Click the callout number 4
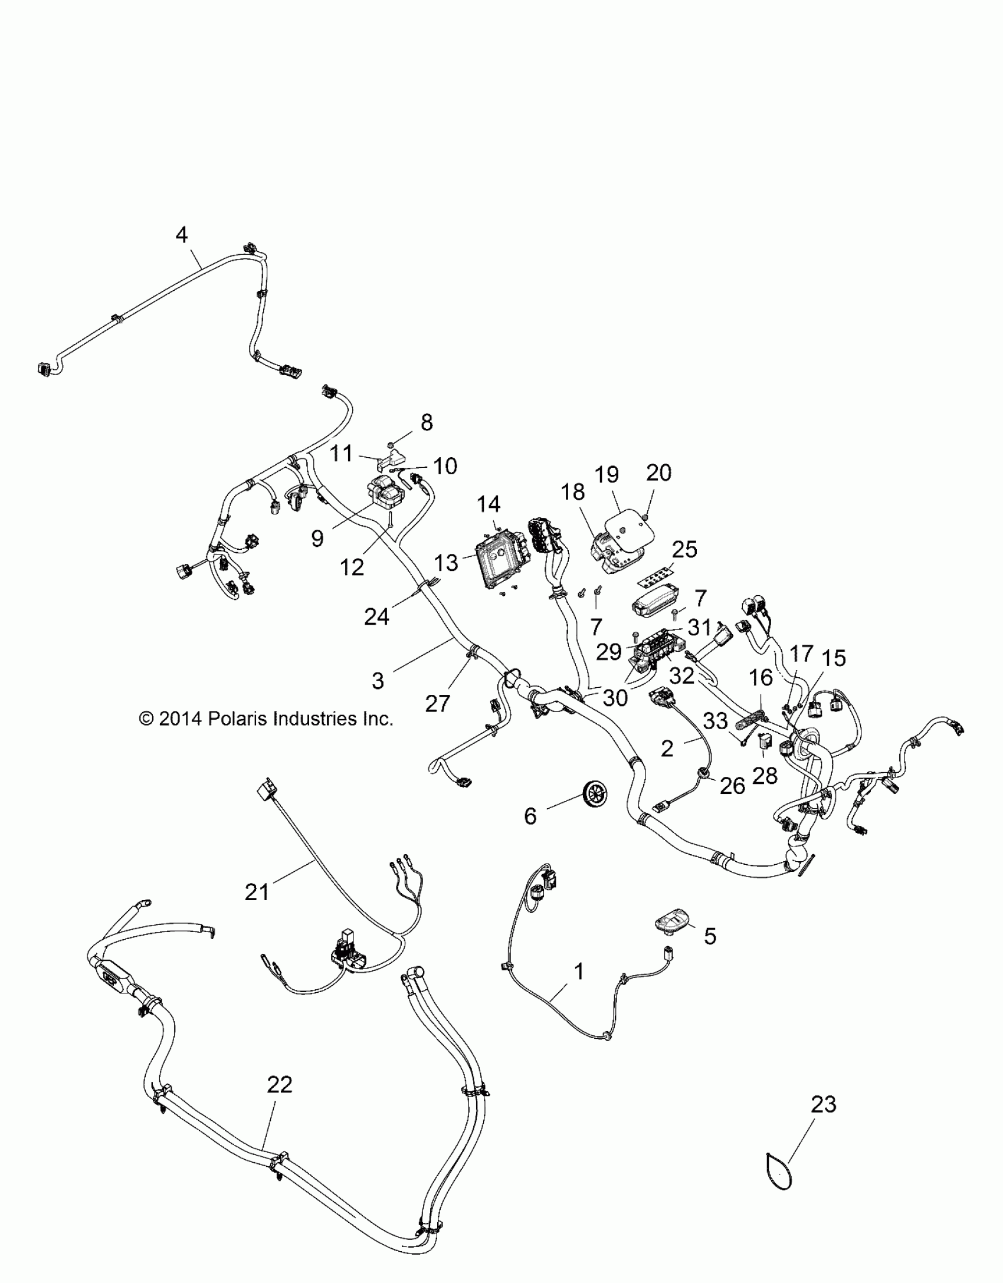point(182,235)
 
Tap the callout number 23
point(823,1104)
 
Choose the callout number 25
point(684,549)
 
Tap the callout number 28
point(765,775)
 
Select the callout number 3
point(378,681)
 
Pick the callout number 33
point(716,721)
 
